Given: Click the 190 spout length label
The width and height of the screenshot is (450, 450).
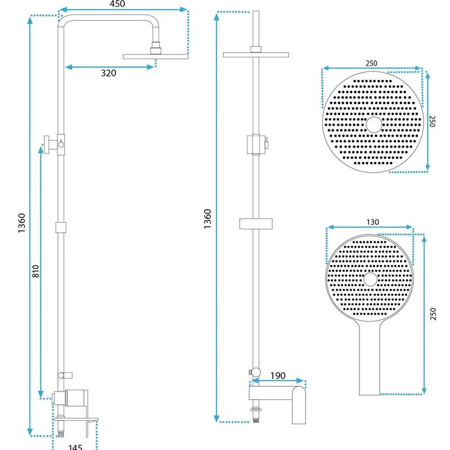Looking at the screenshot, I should coord(278,375).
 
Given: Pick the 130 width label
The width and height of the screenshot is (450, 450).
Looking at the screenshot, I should coord(372,222).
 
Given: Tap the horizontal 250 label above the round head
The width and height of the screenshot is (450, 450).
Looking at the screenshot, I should coord(371,63).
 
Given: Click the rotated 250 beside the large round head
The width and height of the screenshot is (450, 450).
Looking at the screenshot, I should coord(433,122).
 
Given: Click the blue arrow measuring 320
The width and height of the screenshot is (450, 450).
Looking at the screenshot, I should coord(110,67).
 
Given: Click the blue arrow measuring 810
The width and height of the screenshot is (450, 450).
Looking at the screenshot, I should coord(40,270).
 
